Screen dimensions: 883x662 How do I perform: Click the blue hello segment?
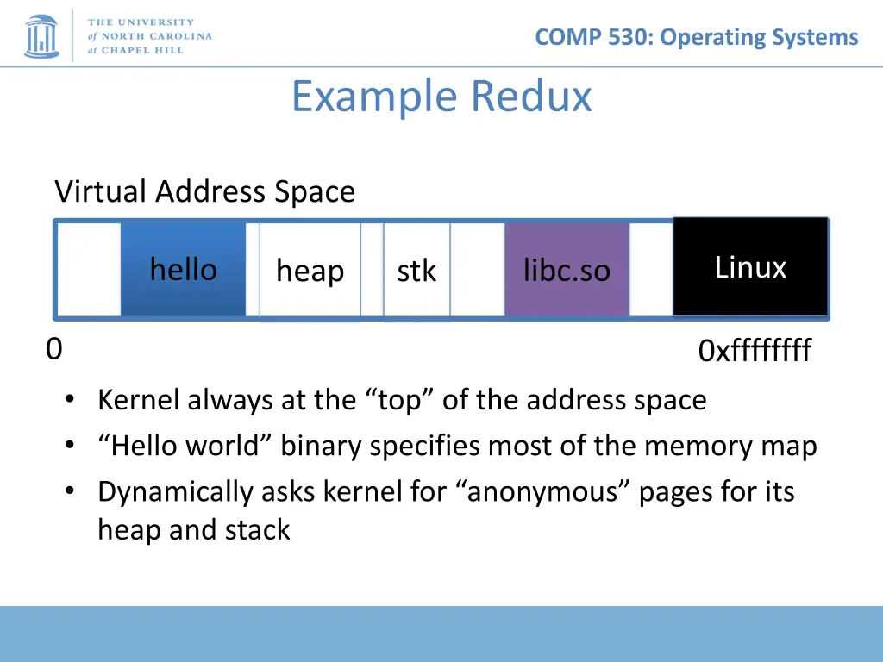pyautogui.click(x=183, y=269)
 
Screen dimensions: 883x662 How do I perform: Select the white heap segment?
pyautogui.click(x=310, y=271)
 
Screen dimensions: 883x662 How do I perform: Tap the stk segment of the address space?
pyautogui.click(x=416, y=271)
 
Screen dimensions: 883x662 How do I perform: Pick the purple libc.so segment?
pyautogui.click(x=567, y=271)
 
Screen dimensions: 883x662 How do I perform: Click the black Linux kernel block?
pyautogui.click(x=750, y=267)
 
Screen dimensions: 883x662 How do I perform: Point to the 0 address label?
pyautogui.click(x=53, y=349)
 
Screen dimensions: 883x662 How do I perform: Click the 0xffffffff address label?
pyautogui.click(x=755, y=352)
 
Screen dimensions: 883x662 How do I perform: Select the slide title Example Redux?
pyautogui.click(x=441, y=96)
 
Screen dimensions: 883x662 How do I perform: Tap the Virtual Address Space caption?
pyautogui.click(x=204, y=191)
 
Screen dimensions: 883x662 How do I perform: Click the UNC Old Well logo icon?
pyautogui.click(x=41, y=35)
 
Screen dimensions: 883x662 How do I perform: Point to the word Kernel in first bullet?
pyautogui.click(x=139, y=400)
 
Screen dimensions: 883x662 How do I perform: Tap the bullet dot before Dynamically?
pyautogui.click(x=70, y=491)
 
